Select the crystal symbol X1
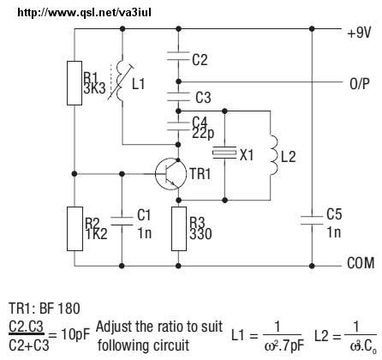point(224,153)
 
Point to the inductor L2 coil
point(273,155)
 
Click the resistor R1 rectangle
point(75,83)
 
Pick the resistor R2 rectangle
point(75,229)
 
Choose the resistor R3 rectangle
point(179,229)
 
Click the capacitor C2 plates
point(178,56)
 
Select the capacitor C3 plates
point(178,97)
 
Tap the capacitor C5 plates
point(312,220)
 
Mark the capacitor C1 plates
point(122,221)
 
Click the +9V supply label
point(359,33)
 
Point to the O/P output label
point(360,84)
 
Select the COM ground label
point(361,263)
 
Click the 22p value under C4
point(203,134)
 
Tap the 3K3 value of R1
point(94,89)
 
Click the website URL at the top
point(85,12)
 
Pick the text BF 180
point(60,309)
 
